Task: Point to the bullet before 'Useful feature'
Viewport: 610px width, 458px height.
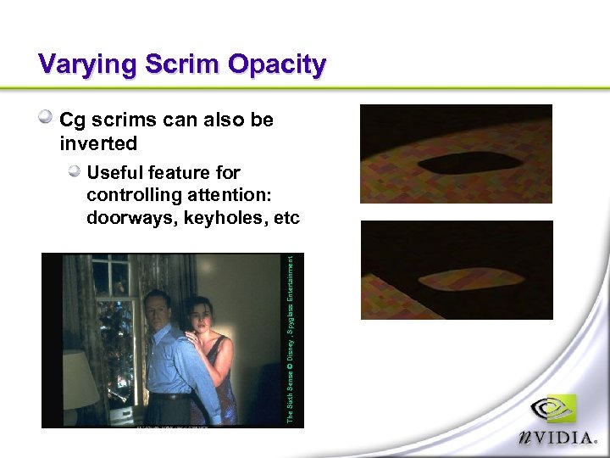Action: coord(75,172)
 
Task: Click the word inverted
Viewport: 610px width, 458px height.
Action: coord(98,142)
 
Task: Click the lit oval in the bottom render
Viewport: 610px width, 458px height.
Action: coord(458,278)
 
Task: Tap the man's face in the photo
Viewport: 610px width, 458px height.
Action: coord(158,308)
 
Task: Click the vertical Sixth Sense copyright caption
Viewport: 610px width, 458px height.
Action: coord(290,339)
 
